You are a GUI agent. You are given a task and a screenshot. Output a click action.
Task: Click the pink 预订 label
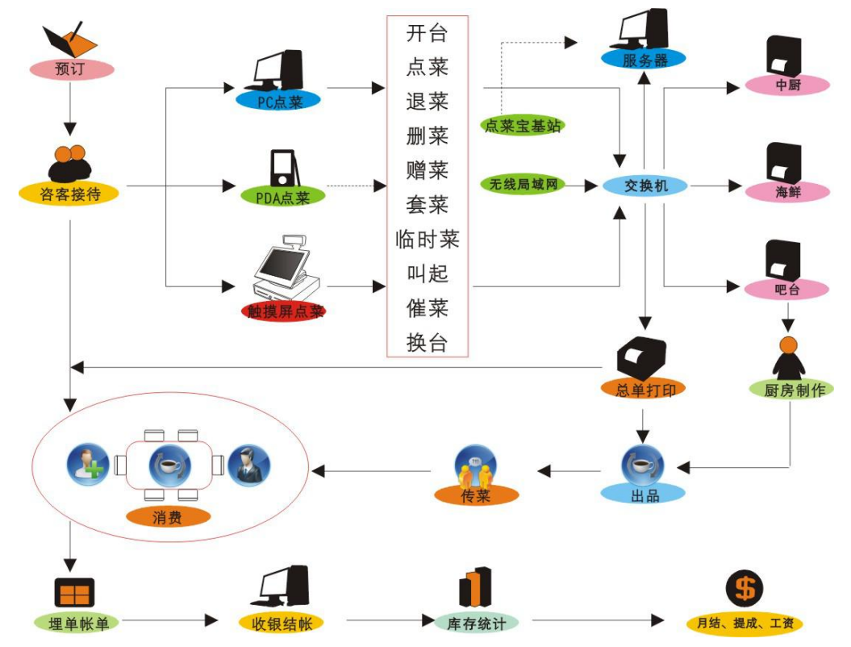point(70,69)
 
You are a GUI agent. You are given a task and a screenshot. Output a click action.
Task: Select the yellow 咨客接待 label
point(69,193)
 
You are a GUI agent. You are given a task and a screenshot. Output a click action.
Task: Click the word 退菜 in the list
point(428,102)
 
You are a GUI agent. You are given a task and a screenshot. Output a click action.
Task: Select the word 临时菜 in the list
point(428,240)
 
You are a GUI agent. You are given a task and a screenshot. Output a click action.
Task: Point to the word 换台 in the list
point(428,343)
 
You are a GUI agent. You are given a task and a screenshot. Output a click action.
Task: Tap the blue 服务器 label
point(643,58)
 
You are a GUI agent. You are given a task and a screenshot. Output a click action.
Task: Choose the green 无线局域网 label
point(524,185)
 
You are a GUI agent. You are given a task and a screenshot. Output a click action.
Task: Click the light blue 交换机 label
point(645,186)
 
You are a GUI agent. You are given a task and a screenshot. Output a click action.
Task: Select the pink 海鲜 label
point(787,192)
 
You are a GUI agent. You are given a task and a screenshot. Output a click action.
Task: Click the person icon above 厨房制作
point(787,356)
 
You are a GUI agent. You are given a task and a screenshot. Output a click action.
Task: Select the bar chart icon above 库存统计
point(477,586)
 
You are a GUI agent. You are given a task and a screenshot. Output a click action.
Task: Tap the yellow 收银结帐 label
point(282,623)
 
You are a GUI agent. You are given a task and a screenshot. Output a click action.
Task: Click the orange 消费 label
point(168,516)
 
